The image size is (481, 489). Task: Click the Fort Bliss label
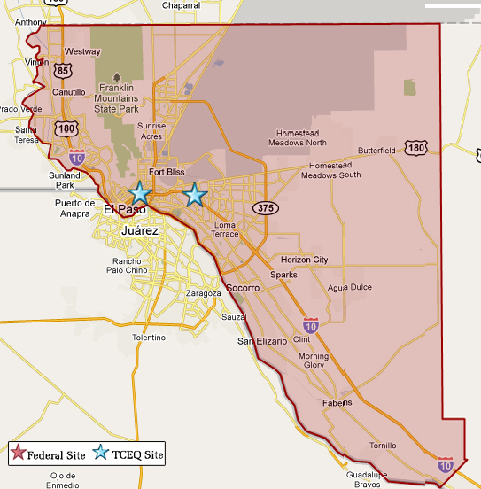point(167,172)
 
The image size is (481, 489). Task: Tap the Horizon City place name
point(304,260)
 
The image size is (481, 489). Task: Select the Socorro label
point(242,289)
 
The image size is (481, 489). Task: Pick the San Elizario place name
point(261,341)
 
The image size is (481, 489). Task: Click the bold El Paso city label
point(122,210)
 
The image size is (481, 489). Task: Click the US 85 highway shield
point(62,68)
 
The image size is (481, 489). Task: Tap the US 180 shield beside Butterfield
point(415,147)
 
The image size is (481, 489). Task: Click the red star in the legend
point(18,454)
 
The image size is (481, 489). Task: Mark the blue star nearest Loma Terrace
point(195,195)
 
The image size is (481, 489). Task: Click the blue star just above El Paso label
point(139,192)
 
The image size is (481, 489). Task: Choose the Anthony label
point(30,22)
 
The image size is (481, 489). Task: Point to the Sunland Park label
point(65,180)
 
